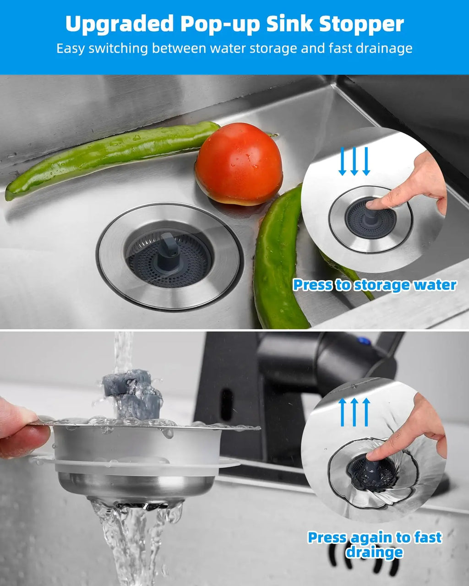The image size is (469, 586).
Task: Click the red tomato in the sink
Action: click(x=239, y=163)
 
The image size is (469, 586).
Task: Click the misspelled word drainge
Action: click(x=374, y=552)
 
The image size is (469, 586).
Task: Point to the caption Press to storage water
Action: click(x=374, y=285)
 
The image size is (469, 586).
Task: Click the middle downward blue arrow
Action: click(x=354, y=161)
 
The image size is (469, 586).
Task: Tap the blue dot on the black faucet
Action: click(x=365, y=341)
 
